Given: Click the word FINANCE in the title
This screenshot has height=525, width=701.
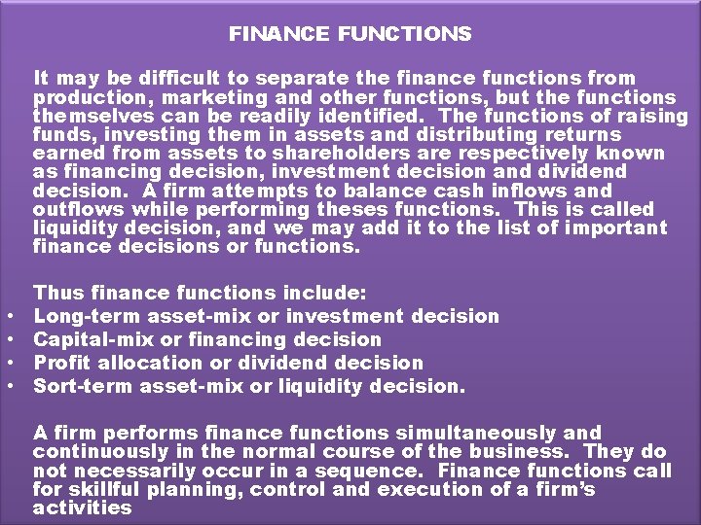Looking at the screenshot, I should (x=266, y=35).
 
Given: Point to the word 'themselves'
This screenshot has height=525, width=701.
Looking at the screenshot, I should (x=83, y=117).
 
